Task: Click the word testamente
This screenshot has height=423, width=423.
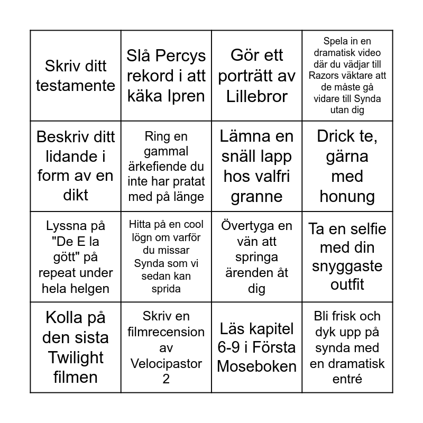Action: tap(76, 86)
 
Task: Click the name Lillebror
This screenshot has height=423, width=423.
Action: tap(256, 96)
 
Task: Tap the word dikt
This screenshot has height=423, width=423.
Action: tap(76, 196)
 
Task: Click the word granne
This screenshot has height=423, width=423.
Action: tap(256, 197)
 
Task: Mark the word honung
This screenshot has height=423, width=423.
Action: tap(347, 197)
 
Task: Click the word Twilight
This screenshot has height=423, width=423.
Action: tap(76, 358)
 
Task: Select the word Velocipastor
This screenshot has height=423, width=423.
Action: tap(166, 363)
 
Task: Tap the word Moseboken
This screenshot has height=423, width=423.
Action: tap(256, 367)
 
